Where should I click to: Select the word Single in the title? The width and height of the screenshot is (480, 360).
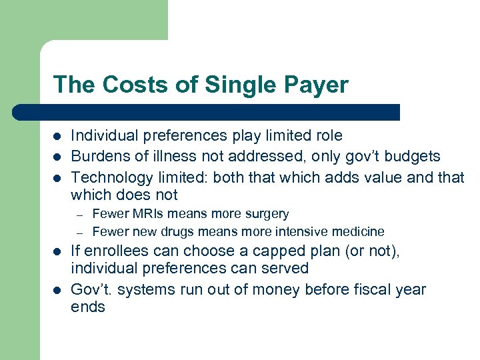(235, 85)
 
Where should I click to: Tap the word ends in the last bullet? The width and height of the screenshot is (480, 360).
(88, 307)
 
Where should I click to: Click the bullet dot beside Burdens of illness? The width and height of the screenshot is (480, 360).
(57, 157)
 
